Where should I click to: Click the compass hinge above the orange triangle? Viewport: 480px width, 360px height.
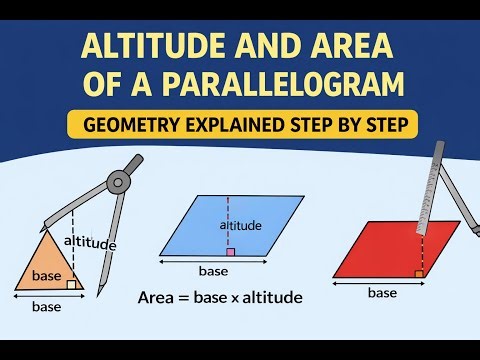point(120,182)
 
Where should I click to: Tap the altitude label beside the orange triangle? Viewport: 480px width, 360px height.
point(90,243)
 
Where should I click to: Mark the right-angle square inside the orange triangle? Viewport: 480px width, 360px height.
point(72,285)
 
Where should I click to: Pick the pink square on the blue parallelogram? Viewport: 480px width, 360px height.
point(230,253)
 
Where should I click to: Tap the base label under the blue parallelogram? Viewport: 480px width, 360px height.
point(213,271)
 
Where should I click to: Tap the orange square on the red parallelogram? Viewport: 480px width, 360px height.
point(418,271)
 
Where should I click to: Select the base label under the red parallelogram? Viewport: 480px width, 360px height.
point(383,293)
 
